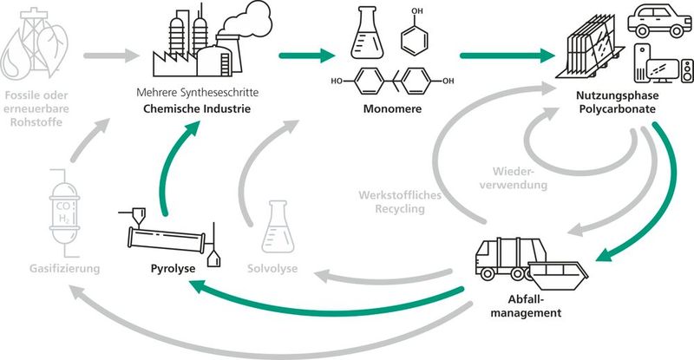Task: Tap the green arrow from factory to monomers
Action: [x=307, y=57]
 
